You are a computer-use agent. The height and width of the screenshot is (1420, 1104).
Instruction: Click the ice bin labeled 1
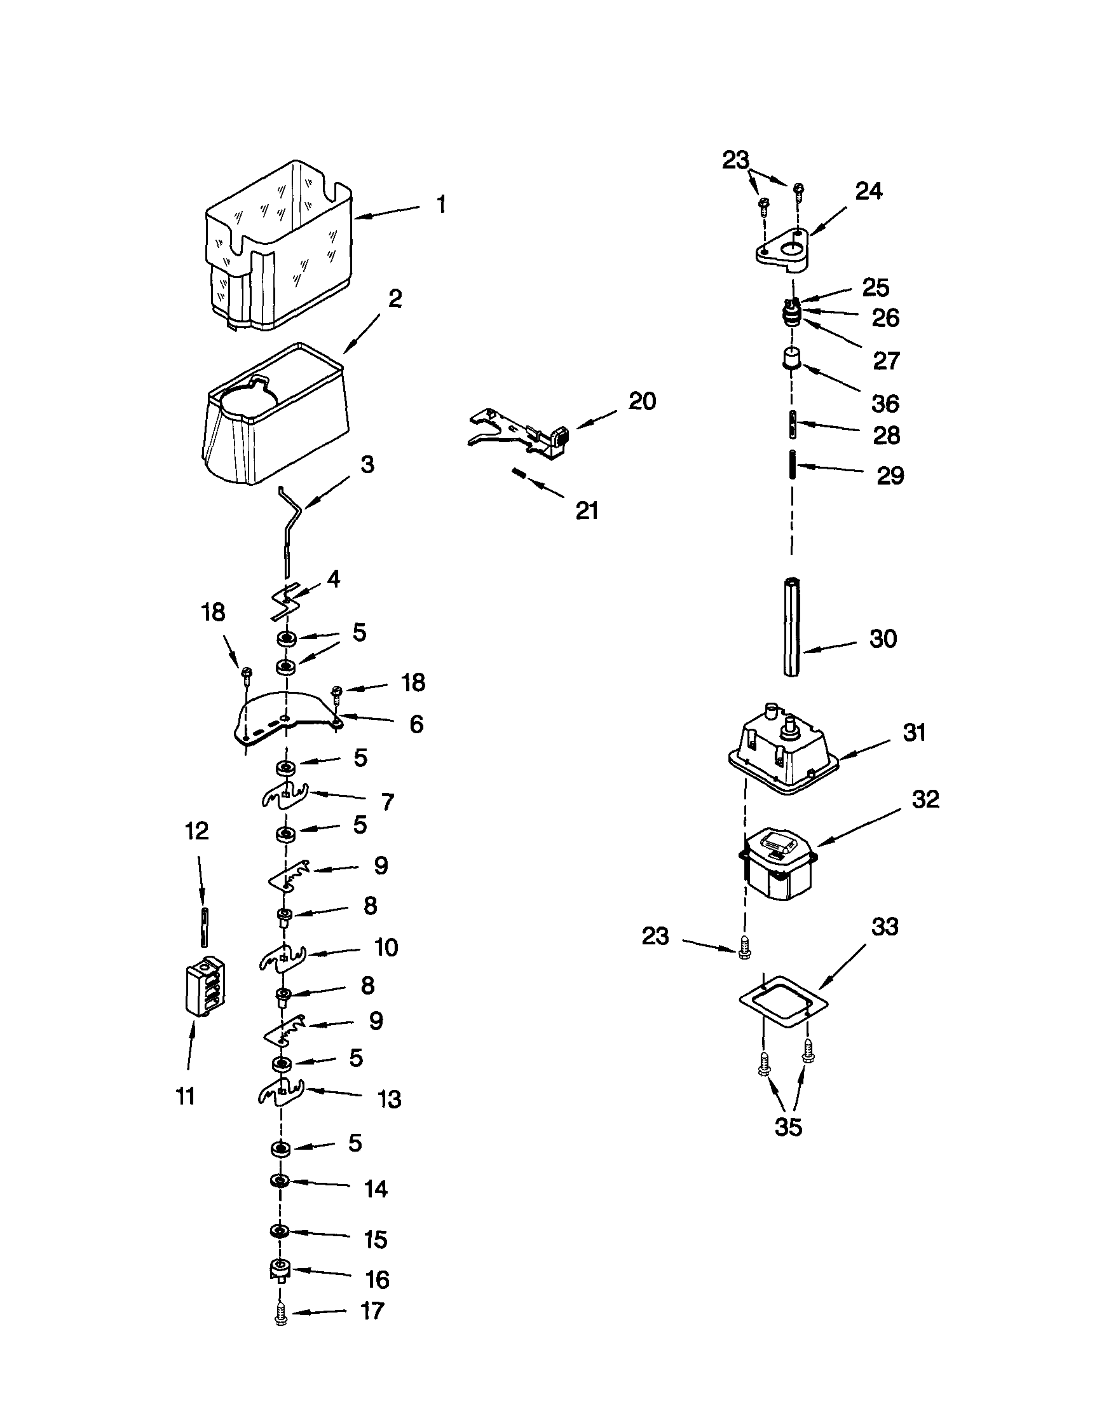click(280, 247)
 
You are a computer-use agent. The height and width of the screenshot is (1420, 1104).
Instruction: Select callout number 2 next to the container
click(395, 300)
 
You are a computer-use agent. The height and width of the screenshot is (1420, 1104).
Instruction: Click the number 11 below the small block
click(186, 1096)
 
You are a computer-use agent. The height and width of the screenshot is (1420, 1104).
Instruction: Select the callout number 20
click(642, 401)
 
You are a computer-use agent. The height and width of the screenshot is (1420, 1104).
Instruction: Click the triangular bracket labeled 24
click(783, 249)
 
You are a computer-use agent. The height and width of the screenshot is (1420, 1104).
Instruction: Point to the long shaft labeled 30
click(791, 628)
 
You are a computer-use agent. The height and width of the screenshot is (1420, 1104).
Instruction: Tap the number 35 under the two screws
click(788, 1127)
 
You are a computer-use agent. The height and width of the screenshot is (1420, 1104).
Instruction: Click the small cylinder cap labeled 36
click(791, 357)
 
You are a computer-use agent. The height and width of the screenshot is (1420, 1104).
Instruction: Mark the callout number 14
click(376, 1189)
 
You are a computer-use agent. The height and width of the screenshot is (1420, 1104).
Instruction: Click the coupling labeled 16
click(280, 1269)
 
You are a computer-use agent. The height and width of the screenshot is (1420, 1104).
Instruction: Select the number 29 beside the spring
click(890, 476)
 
